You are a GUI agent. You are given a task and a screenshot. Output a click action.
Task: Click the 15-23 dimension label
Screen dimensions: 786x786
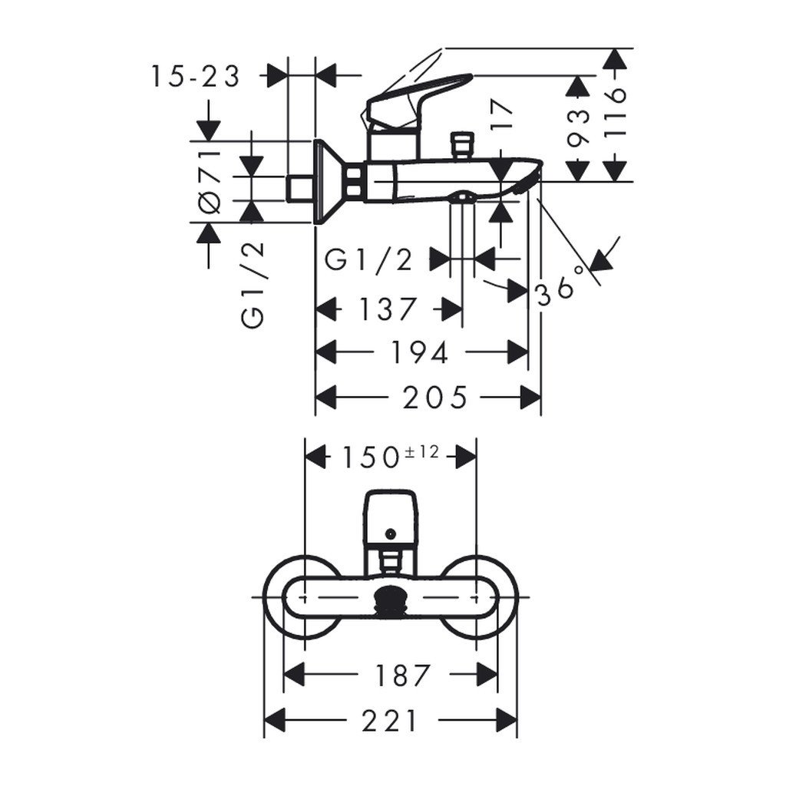[195, 76]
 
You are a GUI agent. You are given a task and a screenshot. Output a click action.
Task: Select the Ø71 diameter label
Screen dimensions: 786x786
[210, 182]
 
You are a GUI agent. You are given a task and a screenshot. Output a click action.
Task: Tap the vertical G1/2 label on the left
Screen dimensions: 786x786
[254, 284]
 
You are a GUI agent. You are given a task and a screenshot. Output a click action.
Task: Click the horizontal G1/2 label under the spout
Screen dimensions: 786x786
[368, 260]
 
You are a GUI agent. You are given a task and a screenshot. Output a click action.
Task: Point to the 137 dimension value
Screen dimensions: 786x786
[387, 309]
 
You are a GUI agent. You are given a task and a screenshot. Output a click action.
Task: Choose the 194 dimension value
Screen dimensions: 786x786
[420, 352]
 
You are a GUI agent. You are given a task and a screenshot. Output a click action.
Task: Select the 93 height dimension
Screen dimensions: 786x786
[580, 128]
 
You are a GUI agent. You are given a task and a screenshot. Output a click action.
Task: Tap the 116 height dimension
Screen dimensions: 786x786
[615, 112]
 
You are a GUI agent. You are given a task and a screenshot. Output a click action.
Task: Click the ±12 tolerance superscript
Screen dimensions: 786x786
[422, 452]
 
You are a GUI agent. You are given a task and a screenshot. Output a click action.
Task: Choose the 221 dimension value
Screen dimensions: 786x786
[389, 722]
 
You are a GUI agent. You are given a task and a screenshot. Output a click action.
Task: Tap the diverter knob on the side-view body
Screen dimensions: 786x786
[463, 145]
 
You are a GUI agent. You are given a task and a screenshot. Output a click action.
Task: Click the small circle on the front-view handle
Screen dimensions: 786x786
[391, 533]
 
